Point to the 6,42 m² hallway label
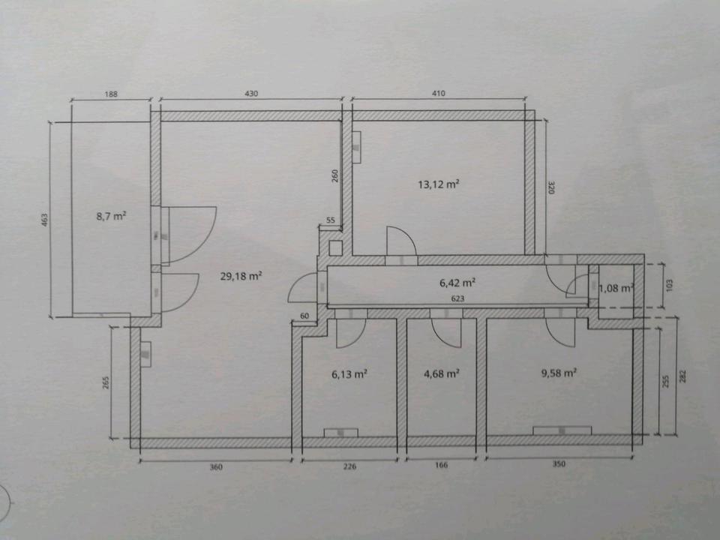pos(458,283)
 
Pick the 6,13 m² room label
pos(349,373)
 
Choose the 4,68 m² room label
pos(442,373)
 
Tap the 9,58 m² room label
pos(559,372)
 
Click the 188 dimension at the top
pos(110,94)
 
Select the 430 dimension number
pos(251,94)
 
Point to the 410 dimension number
pos(439,94)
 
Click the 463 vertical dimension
pos(45,220)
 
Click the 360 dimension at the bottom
pos(216,466)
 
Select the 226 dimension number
pos(349,466)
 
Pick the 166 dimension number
pos(441,466)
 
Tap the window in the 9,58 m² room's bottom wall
pos(562,431)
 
